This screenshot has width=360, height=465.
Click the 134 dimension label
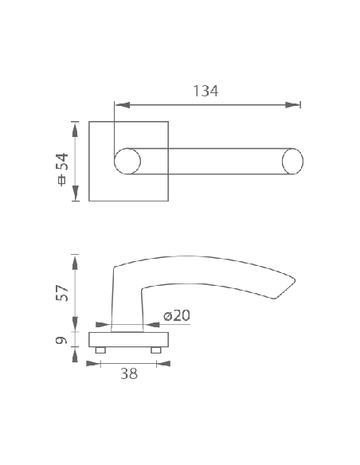click(x=205, y=91)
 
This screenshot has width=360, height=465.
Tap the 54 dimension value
click(x=62, y=162)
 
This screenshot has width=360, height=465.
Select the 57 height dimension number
click(x=62, y=293)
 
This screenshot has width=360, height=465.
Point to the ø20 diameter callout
click(x=177, y=315)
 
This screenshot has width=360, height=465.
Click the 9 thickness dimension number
click(x=61, y=340)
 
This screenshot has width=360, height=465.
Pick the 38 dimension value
click(x=129, y=373)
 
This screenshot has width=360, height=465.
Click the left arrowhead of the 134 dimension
click(x=123, y=105)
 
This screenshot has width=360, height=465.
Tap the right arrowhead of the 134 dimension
click(x=292, y=105)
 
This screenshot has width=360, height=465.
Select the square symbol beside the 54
click(x=62, y=181)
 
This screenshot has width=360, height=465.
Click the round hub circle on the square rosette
click(x=127, y=162)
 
